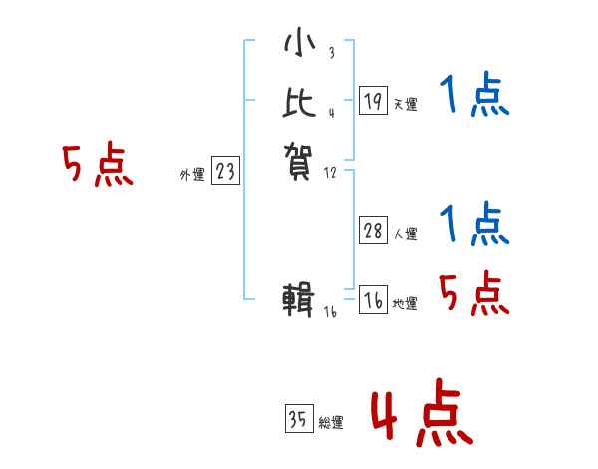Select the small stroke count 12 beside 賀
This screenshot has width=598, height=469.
click(x=331, y=174)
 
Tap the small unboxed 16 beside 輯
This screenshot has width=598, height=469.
click(x=331, y=312)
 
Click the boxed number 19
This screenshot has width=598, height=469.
click(x=373, y=101)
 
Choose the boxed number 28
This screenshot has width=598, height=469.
click(x=373, y=231)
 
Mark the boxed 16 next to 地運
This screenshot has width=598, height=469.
click(x=373, y=301)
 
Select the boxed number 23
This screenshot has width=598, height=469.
click(x=225, y=172)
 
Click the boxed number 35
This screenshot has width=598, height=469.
click(x=298, y=420)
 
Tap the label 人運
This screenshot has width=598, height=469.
click(x=406, y=235)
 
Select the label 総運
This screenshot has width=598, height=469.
click(x=331, y=424)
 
